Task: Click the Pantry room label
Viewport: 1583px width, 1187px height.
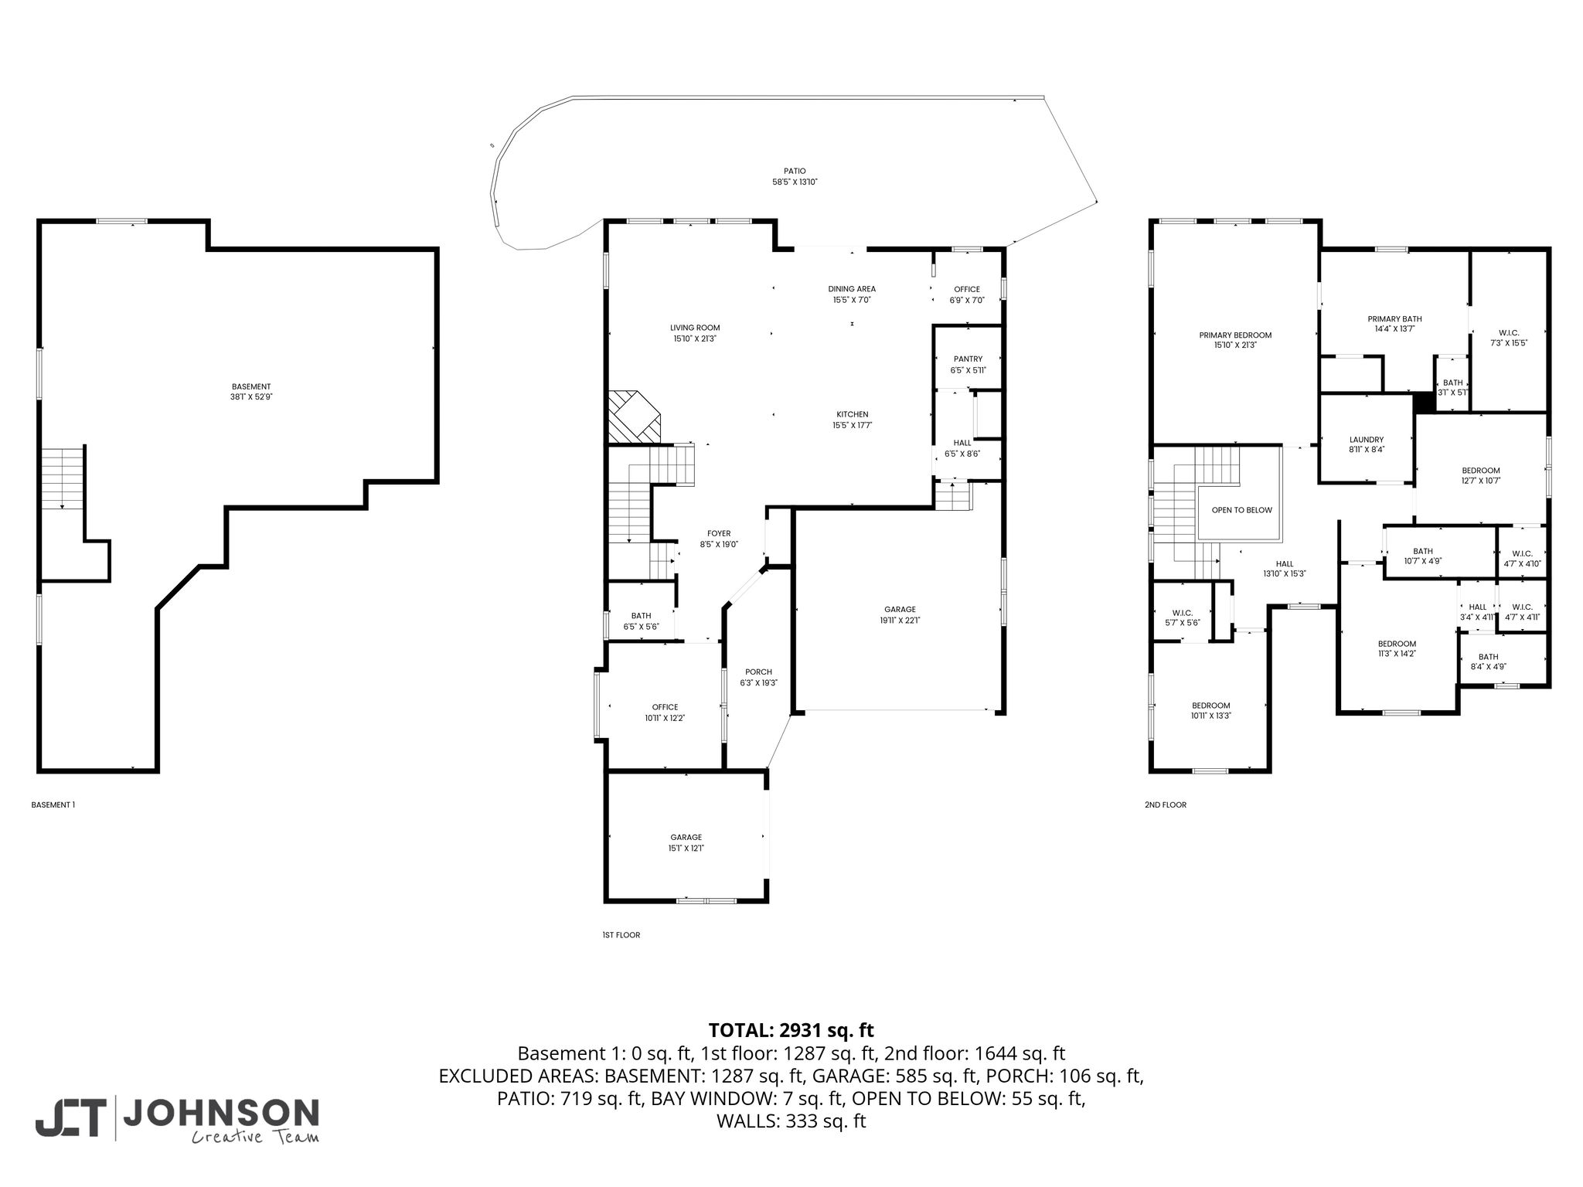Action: (968, 359)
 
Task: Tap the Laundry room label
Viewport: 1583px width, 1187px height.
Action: (1366, 440)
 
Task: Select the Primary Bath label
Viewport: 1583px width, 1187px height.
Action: (1394, 319)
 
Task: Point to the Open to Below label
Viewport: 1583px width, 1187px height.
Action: (1241, 510)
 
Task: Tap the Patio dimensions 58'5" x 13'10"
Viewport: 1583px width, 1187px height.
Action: (795, 182)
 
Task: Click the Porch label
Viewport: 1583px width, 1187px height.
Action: (758, 672)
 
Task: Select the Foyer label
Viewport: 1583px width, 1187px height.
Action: (719, 533)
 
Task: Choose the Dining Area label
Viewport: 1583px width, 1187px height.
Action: (852, 289)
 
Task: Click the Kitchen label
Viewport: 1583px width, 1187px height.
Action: (853, 414)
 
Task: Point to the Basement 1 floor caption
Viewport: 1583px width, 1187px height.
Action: (53, 805)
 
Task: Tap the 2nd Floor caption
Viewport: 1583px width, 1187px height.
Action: (1166, 805)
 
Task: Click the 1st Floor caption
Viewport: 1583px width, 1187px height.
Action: (621, 935)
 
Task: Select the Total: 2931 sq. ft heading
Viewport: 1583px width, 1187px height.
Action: (791, 1030)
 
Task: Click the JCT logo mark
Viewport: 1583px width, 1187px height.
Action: (70, 1117)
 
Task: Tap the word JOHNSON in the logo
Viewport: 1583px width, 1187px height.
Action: (221, 1112)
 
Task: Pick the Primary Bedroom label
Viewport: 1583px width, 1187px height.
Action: (1235, 335)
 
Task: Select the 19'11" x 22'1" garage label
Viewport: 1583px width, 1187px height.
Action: (900, 620)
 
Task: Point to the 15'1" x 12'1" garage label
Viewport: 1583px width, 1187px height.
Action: (686, 849)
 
